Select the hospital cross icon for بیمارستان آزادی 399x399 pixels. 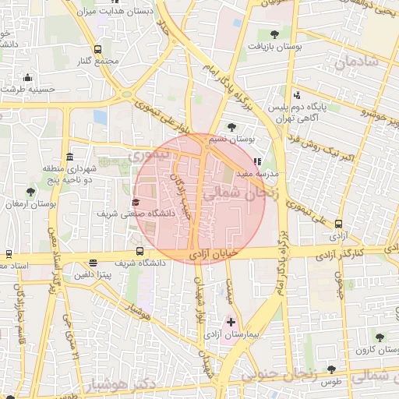pyautogui.click(x=231, y=321)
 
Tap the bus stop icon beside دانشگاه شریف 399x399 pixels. pyautogui.click(x=139, y=251)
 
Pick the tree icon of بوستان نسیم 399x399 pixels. pyautogui.click(x=231, y=127)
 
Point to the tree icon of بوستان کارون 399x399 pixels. pyautogui.click(x=379, y=337)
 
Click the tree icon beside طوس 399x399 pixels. pyautogui.click(x=331, y=369)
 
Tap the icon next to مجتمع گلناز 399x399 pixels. pyautogui.click(x=97, y=49)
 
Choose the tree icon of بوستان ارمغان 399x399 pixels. pyautogui.click(x=30, y=192)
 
